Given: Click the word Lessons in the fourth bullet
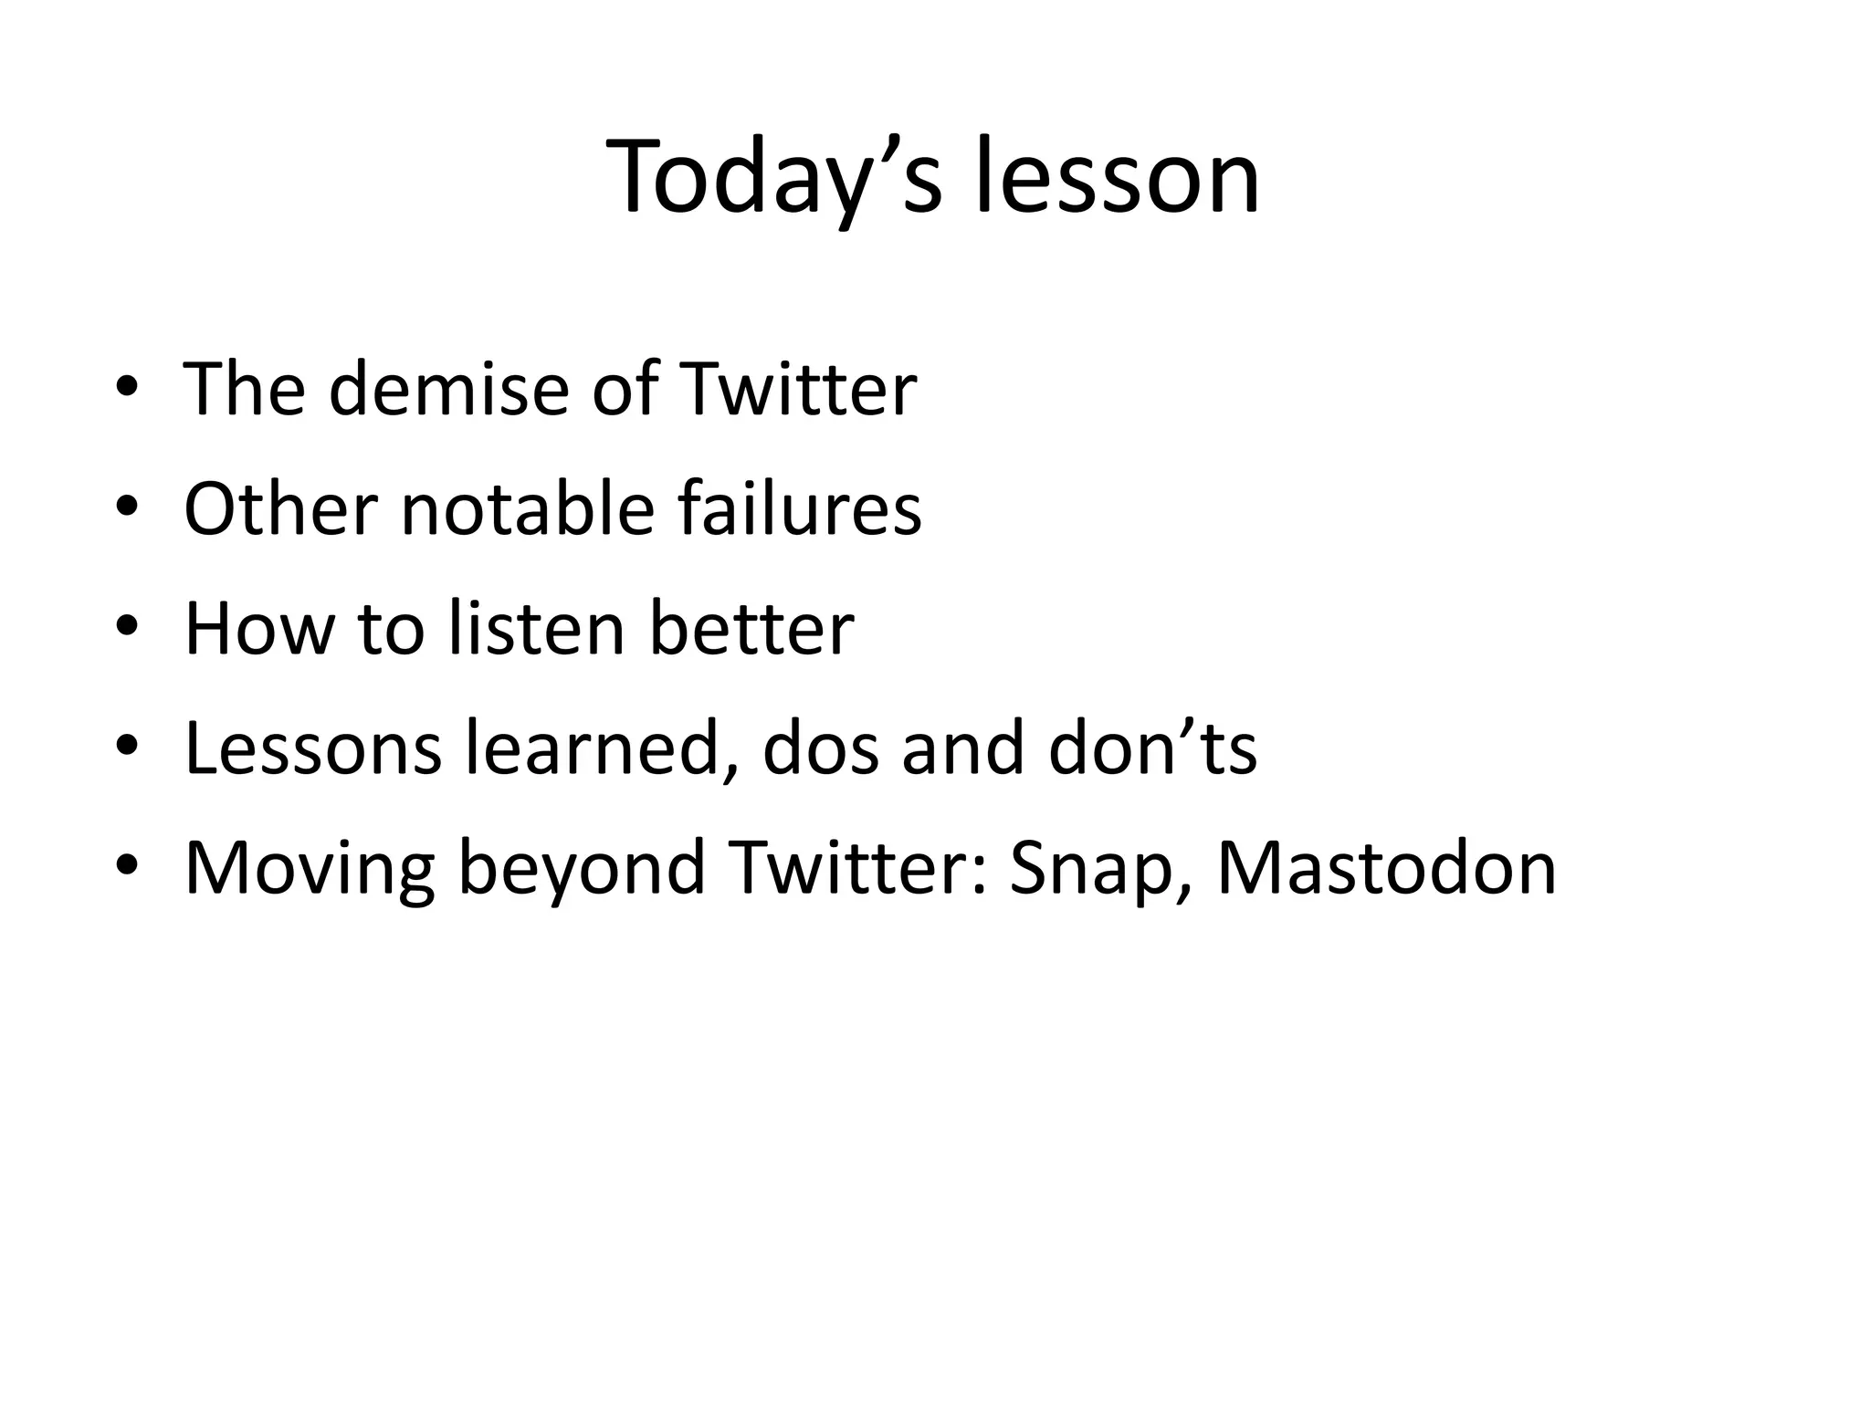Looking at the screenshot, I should coord(312,748).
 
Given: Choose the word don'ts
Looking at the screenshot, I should coord(1152,748).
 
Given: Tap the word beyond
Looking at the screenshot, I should coord(582,868).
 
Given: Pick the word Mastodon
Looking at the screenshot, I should coord(1386,868).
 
